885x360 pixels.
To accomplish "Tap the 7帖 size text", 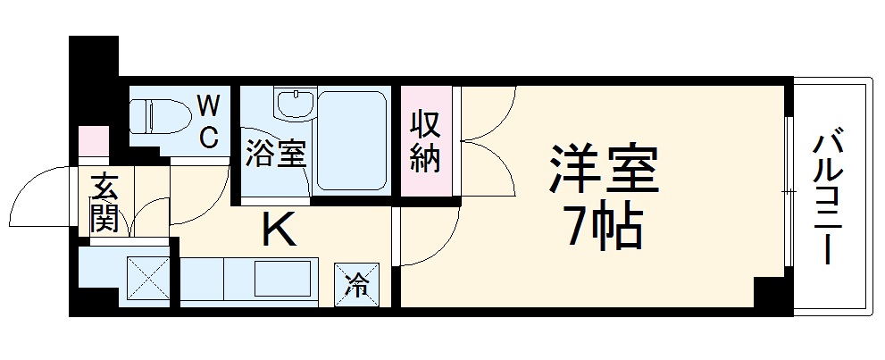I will pos(603,231).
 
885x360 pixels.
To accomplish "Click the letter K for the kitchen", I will pos(278,231).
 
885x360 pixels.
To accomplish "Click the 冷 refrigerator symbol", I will pos(355,286).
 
